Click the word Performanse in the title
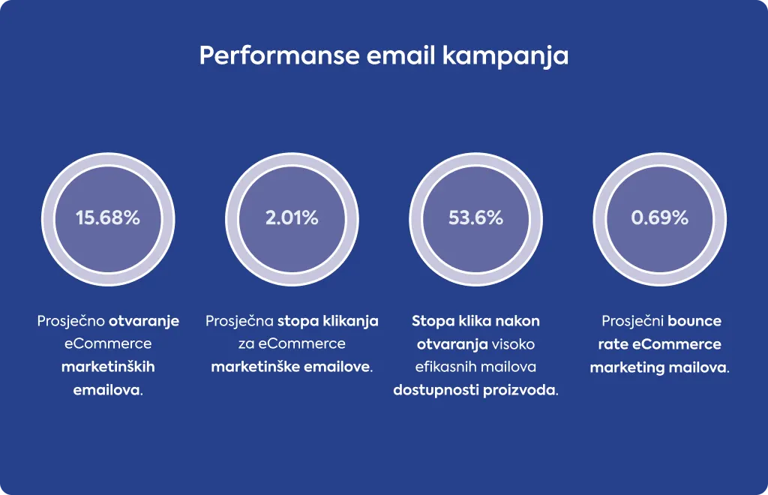[x=279, y=55]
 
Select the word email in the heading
[x=400, y=55]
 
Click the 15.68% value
[x=108, y=218]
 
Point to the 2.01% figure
[x=292, y=218]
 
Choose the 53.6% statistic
[x=475, y=218]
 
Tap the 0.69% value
[x=660, y=218]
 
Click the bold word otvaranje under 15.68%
[x=143, y=321]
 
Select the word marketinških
[x=108, y=367]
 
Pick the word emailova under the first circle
[x=106, y=390]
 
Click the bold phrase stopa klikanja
[x=328, y=321]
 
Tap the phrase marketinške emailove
[x=290, y=367]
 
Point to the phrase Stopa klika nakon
[x=475, y=321]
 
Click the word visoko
[x=513, y=344]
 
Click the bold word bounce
[x=694, y=321]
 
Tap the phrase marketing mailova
[x=658, y=367]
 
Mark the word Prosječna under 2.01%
[x=239, y=321]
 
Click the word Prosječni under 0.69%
[x=632, y=321]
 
